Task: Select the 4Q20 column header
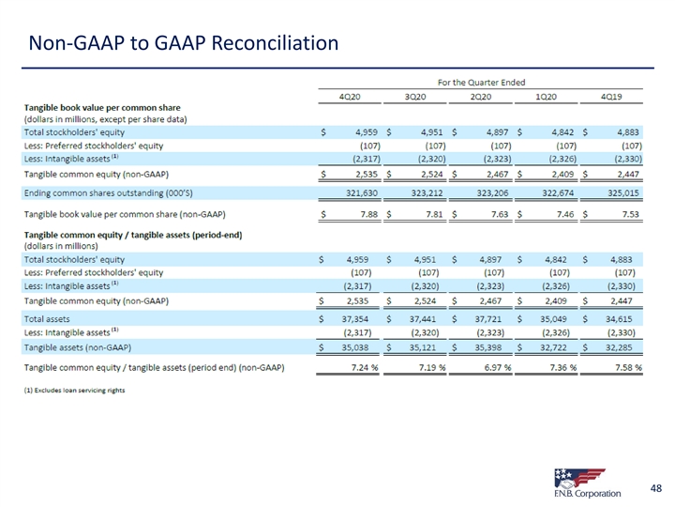[x=352, y=97]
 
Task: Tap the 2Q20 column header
[x=481, y=97]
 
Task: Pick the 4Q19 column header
[x=611, y=97]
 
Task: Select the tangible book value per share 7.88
[x=367, y=215]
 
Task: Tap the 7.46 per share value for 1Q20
[x=563, y=215]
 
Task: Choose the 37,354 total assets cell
[x=362, y=320]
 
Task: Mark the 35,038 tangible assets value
[x=362, y=346]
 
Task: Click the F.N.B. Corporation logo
[x=587, y=481]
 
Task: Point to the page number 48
[x=656, y=487]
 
